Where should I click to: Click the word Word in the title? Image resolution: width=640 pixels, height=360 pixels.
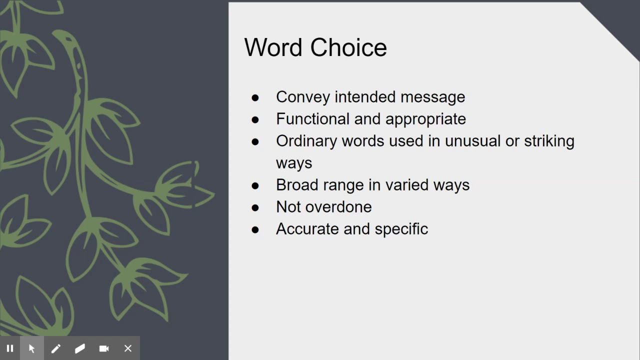pyautogui.click(x=274, y=47)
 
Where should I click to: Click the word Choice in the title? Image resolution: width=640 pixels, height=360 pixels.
pyautogui.click(x=348, y=47)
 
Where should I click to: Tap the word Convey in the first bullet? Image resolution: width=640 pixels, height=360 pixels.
pyautogui.click(x=303, y=97)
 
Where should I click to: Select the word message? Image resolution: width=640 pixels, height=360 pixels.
pyautogui.click(x=432, y=97)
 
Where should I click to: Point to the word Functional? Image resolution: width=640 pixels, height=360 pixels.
pyautogui.click(x=313, y=119)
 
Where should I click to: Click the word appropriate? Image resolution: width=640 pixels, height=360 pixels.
pyautogui.click(x=425, y=119)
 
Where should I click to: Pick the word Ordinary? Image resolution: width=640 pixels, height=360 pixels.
pyautogui.click(x=306, y=141)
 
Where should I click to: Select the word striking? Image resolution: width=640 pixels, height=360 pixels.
pyautogui.click(x=549, y=141)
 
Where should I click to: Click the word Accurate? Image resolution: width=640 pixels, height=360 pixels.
pyautogui.click(x=307, y=229)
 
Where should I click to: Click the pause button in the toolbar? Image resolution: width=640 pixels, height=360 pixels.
pyautogui.click(x=10, y=348)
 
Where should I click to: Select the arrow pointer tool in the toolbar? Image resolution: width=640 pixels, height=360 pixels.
pyautogui.click(x=32, y=348)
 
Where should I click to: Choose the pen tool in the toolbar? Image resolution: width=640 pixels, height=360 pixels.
pyautogui.click(x=56, y=348)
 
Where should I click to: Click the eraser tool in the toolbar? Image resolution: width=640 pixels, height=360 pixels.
pyautogui.click(x=80, y=348)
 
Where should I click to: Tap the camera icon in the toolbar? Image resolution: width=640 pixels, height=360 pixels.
pyautogui.click(x=104, y=348)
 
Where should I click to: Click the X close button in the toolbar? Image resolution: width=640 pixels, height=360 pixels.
pyautogui.click(x=128, y=348)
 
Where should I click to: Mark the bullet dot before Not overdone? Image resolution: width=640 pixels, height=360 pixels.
pyautogui.click(x=255, y=207)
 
